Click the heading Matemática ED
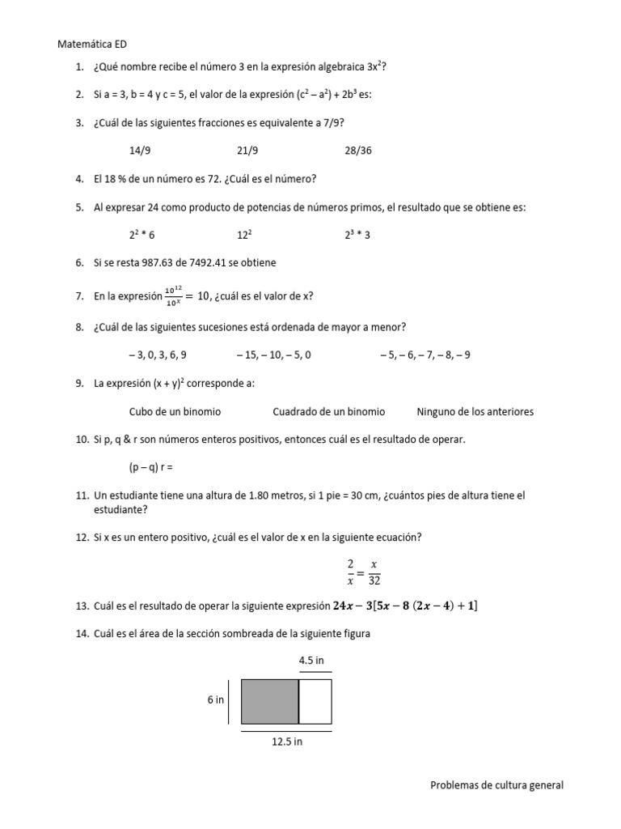[93, 45]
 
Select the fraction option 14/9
[140, 151]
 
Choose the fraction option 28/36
[358, 151]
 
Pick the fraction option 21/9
[247, 151]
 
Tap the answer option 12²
[245, 235]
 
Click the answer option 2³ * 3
[357, 235]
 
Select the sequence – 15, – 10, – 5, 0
[274, 355]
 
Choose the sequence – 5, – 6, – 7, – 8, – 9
[425, 355]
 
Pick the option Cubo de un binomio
[175, 411]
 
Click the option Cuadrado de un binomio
[328, 411]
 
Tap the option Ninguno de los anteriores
[475, 411]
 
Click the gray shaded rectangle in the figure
[270, 701]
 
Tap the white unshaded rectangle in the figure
[315, 701]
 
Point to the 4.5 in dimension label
[312, 661]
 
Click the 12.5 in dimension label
[286, 742]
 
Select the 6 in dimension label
[215, 700]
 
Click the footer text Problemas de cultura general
[496, 784]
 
